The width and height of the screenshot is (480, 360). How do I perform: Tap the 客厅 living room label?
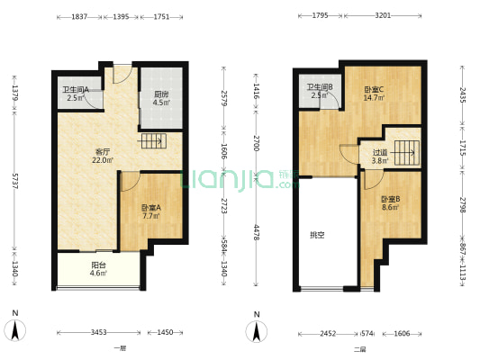coord(103,152)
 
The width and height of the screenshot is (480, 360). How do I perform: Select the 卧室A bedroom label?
coord(151,208)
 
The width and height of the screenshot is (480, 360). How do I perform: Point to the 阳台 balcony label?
coord(98,265)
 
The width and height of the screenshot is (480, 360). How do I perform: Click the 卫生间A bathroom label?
coord(76,90)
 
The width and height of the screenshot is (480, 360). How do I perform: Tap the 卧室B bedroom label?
coord(390,200)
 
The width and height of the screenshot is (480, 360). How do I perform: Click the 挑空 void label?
coord(317,235)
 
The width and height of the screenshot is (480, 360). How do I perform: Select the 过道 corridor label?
coord(380,152)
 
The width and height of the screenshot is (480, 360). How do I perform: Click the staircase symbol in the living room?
coord(153,141)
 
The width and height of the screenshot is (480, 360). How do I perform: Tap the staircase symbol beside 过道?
coord(406,153)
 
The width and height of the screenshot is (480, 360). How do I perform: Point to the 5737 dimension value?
coord(14,181)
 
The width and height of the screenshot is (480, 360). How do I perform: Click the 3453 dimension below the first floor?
coord(98,332)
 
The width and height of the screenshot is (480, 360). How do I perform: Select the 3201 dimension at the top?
coord(383,15)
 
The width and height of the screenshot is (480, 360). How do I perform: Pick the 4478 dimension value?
coord(257,233)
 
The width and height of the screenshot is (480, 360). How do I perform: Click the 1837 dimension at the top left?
coord(79,17)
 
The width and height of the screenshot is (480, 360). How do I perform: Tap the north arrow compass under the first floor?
coord(14,330)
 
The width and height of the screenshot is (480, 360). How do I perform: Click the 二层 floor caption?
coord(359,349)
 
